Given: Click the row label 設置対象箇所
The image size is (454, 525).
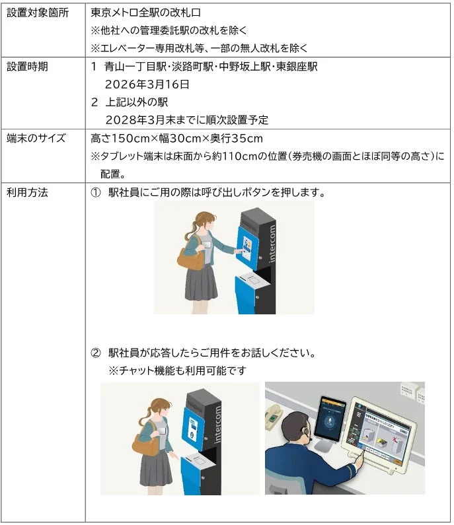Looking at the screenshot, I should tap(37, 13).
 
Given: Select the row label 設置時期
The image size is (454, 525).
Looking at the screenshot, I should tap(27, 67).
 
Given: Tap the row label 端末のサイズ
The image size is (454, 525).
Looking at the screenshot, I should tap(36, 138).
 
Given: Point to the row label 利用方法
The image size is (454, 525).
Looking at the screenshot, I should tap(27, 193).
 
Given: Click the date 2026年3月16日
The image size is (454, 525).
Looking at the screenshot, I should tap(147, 85).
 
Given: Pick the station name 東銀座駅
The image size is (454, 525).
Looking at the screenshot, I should tap(297, 67).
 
